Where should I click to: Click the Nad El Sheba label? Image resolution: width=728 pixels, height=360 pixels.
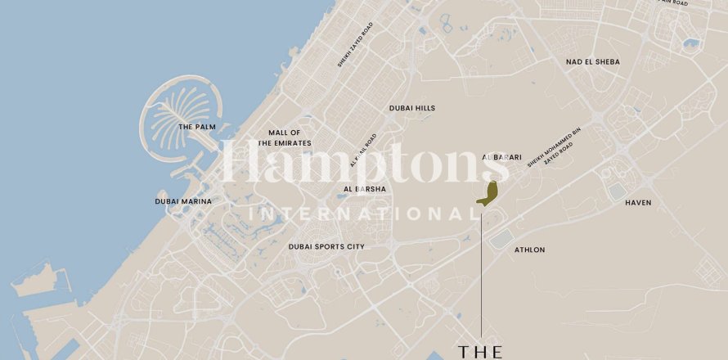coord(592,62)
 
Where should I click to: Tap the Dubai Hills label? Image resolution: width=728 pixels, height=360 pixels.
coord(412,108)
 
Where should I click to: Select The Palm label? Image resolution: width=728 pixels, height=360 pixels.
coord(196,127)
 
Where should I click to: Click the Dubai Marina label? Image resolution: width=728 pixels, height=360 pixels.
coord(183,201)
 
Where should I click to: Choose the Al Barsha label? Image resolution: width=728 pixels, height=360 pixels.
coord(365,189)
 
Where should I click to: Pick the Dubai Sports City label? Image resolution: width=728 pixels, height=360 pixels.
coord(326,246)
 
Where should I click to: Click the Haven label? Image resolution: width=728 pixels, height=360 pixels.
coord(638,202)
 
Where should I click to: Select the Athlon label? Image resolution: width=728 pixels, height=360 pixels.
coord(529,250)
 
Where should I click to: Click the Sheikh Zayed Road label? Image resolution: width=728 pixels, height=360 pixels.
coord(355,46)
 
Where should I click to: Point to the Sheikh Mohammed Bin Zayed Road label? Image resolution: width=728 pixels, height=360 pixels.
coord(554,148)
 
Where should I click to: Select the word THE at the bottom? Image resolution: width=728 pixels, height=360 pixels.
coord(481,351)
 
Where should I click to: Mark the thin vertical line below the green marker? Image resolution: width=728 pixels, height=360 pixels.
coord(482,270)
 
